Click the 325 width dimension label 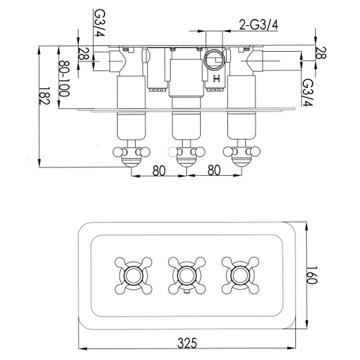click(x=187, y=343)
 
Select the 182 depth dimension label click(x=44, y=95)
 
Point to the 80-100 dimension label click(x=64, y=79)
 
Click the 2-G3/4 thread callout click(x=258, y=25)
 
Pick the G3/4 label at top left click(x=99, y=23)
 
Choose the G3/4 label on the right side click(x=307, y=92)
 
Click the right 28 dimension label click(x=321, y=53)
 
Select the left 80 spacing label click(x=159, y=171)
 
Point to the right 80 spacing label click(x=214, y=171)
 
